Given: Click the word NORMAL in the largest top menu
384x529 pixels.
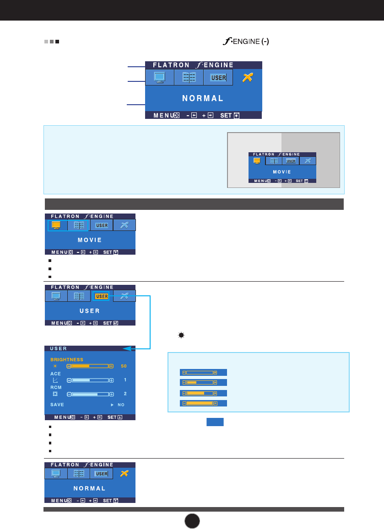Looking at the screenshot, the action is pyautogui.click(x=203, y=98).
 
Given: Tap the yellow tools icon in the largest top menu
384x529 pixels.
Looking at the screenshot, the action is pyautogui.click(x=248, y=77).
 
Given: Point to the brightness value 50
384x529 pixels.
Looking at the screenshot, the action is pyautogui.click(x=124, y=366).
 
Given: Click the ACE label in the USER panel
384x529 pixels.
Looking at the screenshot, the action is pyautogui.click(x=55, y=374).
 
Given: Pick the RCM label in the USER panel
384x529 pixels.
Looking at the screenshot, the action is pyautogui.click(x=56, y=387).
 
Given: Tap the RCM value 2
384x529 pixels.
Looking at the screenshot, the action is pyautogui.click(x=125, y=394).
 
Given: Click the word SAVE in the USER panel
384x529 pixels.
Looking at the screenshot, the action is pyautogui.click(x=57, y=405).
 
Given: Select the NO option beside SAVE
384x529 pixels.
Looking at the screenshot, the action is pyautogui.click(x=121, y=405).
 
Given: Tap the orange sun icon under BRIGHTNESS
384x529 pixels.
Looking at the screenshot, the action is pyautogui.click(x=55, y=366).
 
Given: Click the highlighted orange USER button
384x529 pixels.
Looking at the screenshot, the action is pyautogui.click(x=102, y=296).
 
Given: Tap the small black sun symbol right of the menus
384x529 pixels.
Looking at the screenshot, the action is pyautogui.click(x=181, y=335).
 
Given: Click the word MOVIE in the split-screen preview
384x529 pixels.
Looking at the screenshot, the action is pyautogui.click(x=282, y=172).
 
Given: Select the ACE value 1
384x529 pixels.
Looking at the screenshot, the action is pyautogui.click(x=125, y=380).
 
